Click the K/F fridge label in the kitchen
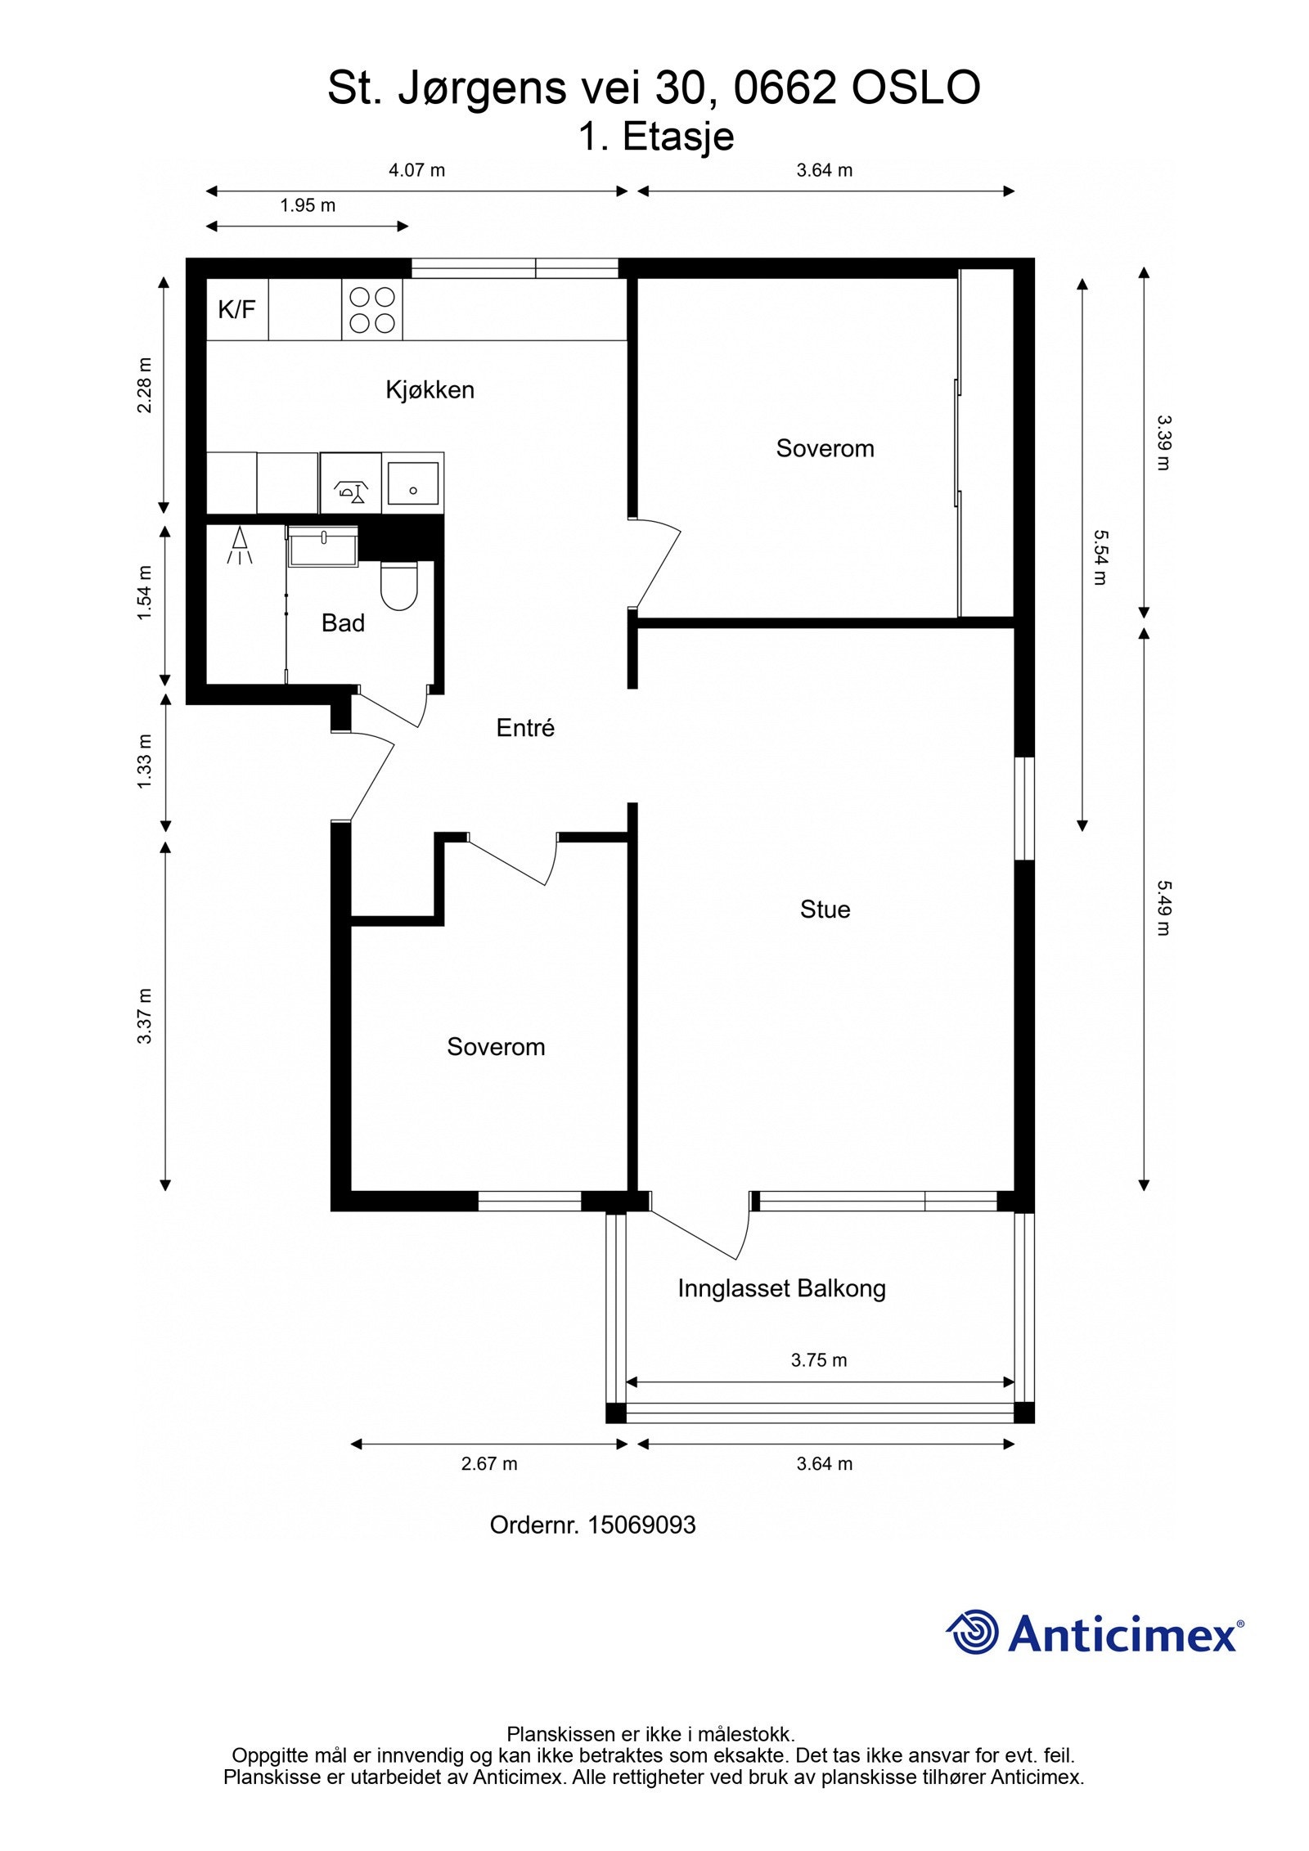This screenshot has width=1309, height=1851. click(x=236, y=309)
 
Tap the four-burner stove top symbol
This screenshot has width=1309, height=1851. click(x=372, y=310)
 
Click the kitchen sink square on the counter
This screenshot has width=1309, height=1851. click(x=413, y=483)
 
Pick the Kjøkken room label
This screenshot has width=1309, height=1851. click(x=430, y=390)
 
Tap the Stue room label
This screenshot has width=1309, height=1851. click(x=825, y=910)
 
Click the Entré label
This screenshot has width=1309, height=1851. click(x=525, y=727)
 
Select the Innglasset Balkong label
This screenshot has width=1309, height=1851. click(x=781, y=1289)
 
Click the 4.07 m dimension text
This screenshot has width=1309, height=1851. click(x=416, y=170)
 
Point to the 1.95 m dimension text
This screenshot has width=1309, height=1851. click(x=308, y=205)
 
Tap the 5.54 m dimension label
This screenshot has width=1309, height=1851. click(x=1100, y=557)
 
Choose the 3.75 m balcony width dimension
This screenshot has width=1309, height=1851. click(x=819, y=1360)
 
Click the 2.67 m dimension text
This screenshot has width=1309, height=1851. click(x=489, y=1464)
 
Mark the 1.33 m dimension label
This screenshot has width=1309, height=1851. click(x=145, y=762)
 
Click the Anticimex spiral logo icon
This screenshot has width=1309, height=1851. click(x=974, y=1632)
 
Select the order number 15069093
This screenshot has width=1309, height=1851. click(x=641, y=1525)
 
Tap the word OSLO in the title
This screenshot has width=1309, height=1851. click(x=915, y=88)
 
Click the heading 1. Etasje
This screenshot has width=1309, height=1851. click(x=656, y=137)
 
